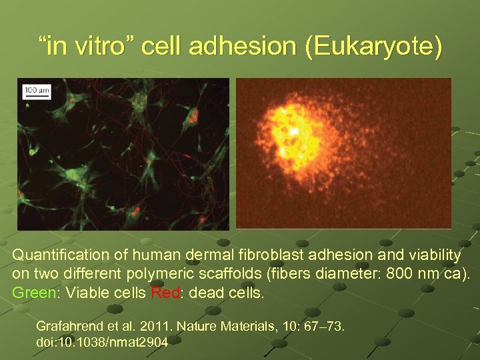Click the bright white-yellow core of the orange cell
tap(293, 132)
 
